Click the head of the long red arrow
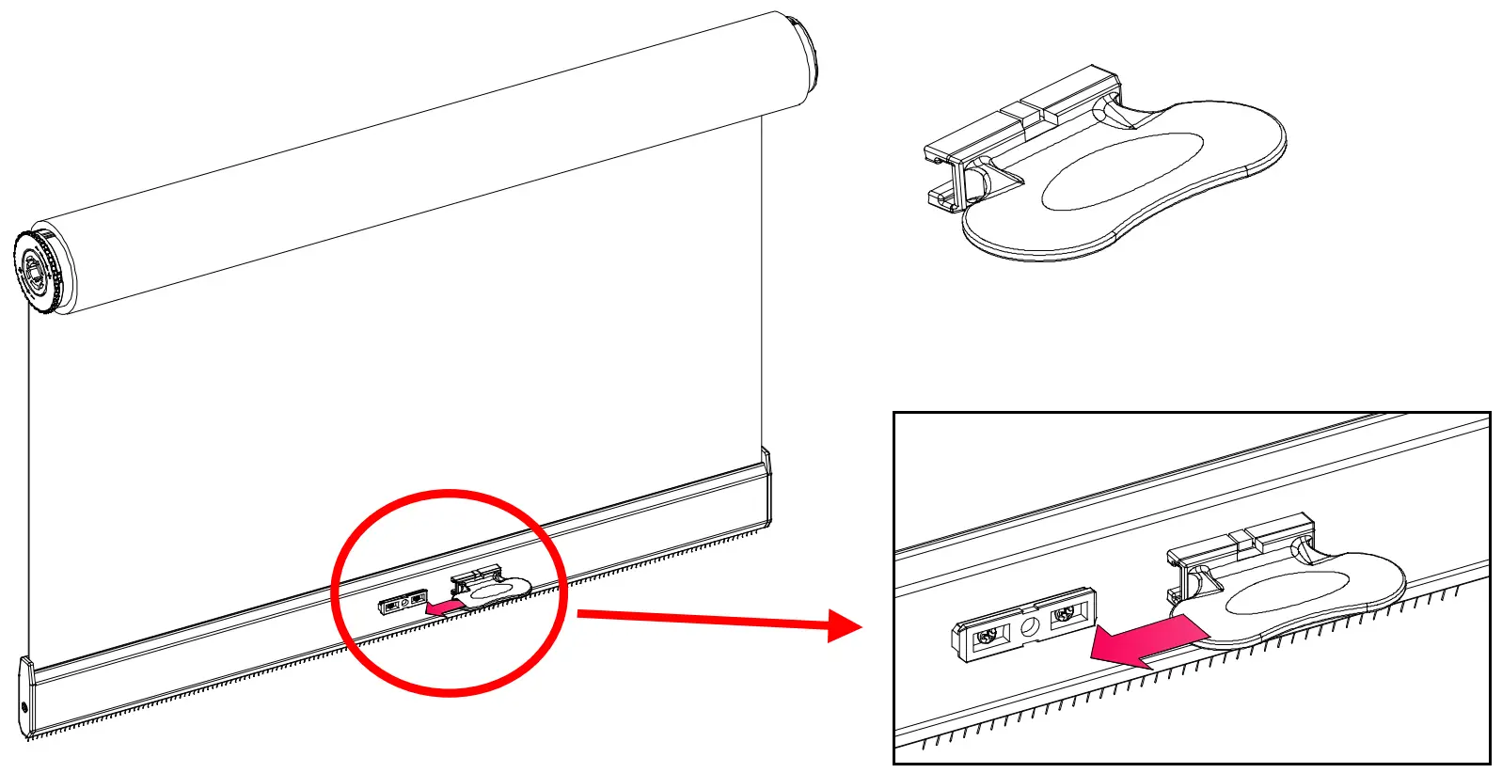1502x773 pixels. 845,625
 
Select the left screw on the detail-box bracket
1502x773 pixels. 987,637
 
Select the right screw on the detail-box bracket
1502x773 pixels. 1064,615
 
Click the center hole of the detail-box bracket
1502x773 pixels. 1030,624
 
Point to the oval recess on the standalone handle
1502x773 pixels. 1121,171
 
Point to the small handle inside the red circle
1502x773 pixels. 495,589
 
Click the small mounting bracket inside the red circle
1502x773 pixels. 403,601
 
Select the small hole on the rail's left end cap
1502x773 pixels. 25,708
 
